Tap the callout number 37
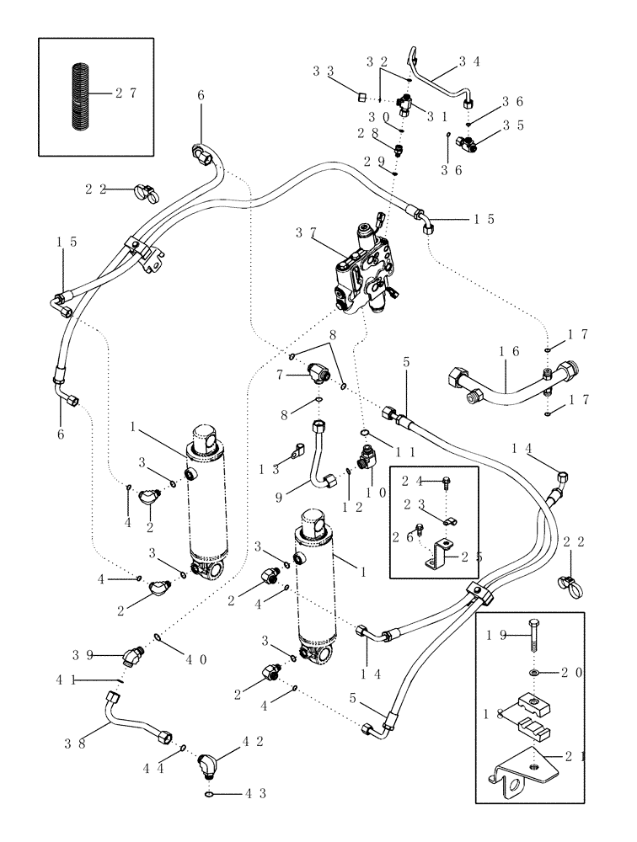[x=305, y=232]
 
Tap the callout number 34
[x=469, y=61]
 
